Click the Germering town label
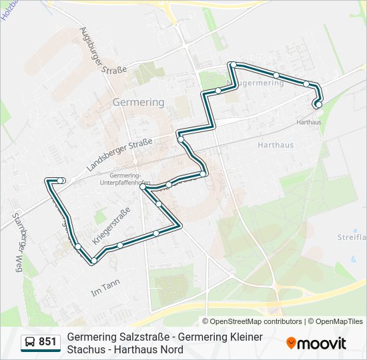tap(139, 103)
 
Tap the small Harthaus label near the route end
tap(308, 123)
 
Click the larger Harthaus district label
tap(276, 145)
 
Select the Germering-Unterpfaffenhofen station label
tap(123, 179)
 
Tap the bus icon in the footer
tap(30, 343)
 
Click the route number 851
tap(47, 342)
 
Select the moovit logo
tap(316, 343)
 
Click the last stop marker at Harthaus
tap(318, 104)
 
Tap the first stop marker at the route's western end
tap(61, 181)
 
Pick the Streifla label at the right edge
tap(352, 237)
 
